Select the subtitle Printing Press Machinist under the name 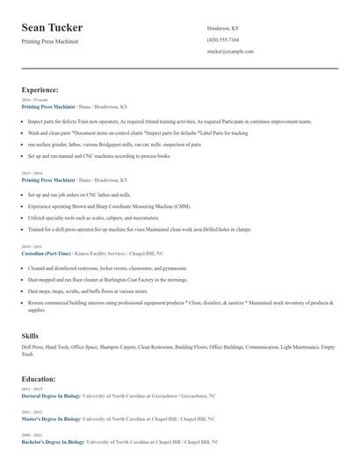pyautogui.click(x=55, y=42)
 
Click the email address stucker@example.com pyautogui.click(x=230, y=51)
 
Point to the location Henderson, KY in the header pyautogui.click(x=223, y=28)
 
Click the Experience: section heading pyautogui.click(x=40, y=89)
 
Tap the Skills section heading pyautogui.click(x=30, y=336)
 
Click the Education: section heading pyautogui.click(x=39, y=379)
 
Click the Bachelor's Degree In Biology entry pyautogui.click(x=54, y=442)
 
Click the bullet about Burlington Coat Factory pyautogui.click(x=108, y=279)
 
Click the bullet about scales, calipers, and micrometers pyautogui.click(x=94, y=217)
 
